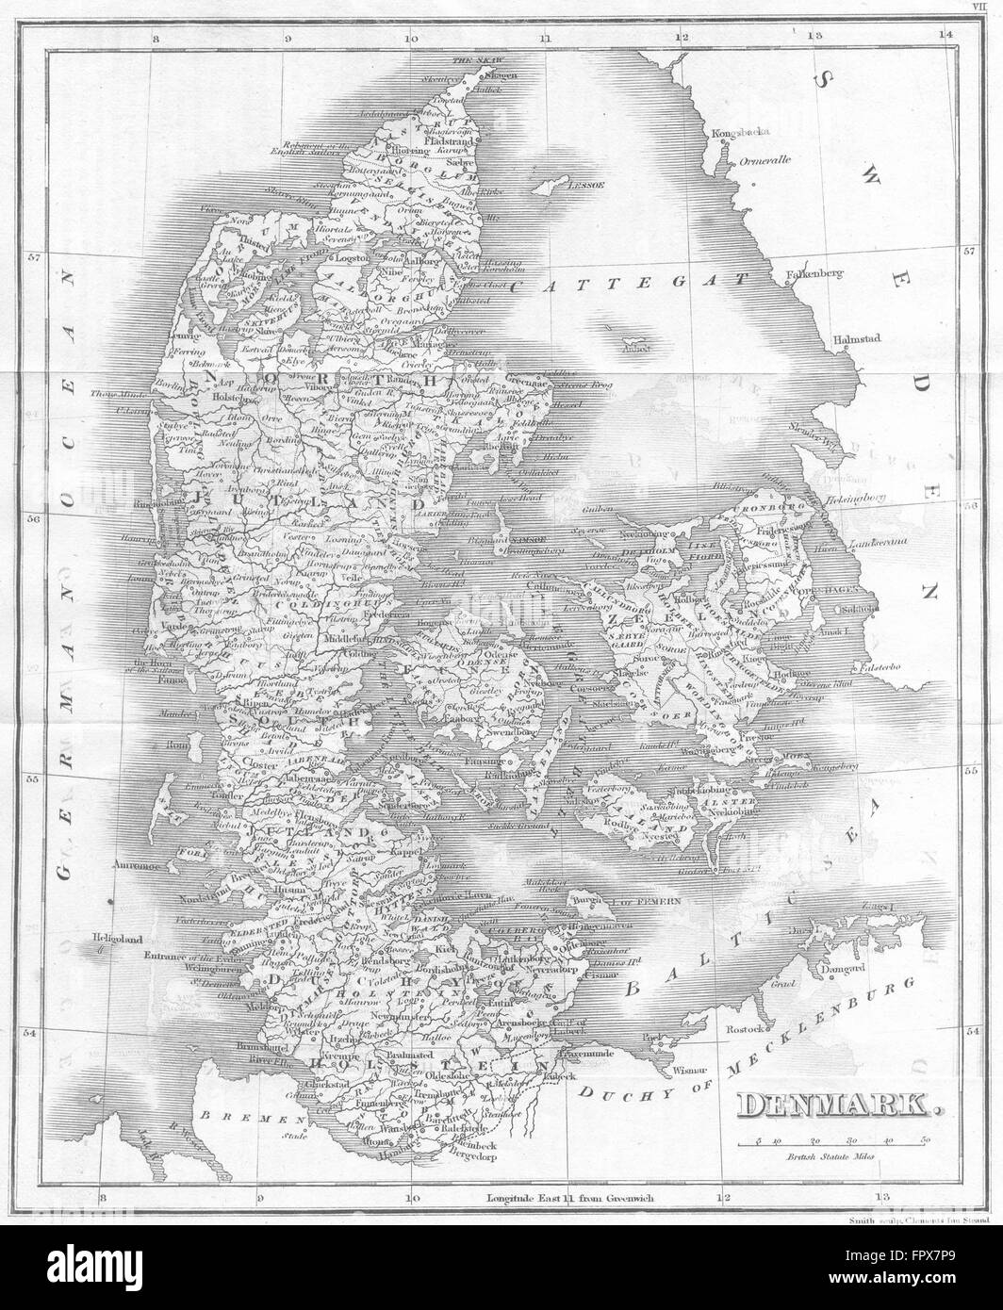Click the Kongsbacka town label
736,133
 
